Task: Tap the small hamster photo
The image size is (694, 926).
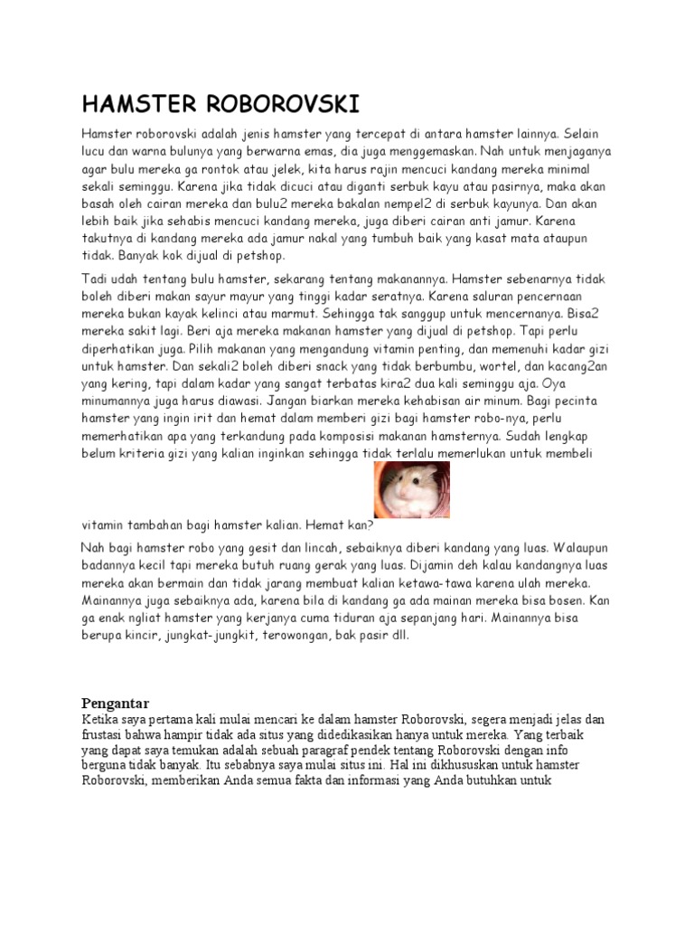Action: coord(411,489)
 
